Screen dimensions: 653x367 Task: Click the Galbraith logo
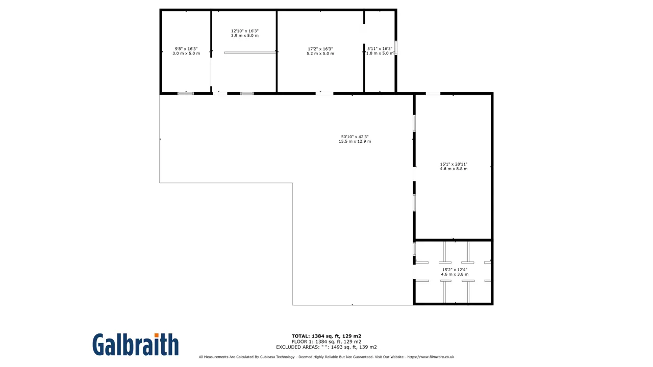(136, 345)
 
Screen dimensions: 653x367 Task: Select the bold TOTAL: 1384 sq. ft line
(326, 336)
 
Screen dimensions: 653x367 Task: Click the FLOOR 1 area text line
(326, 342)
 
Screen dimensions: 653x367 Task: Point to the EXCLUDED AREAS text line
(326, 347)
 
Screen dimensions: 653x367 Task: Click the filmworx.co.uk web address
(431, 357)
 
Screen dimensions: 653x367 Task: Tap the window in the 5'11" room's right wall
(395, 48)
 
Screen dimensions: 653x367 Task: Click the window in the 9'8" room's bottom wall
(186, 93)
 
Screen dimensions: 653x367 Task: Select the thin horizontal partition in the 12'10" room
(250, 53)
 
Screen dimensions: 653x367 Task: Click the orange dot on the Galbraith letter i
(156, 335)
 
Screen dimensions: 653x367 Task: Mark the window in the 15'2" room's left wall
(414, 249)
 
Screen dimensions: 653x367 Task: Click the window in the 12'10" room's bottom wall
(247, 93)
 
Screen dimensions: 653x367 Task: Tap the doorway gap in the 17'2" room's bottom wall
(324, 93)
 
